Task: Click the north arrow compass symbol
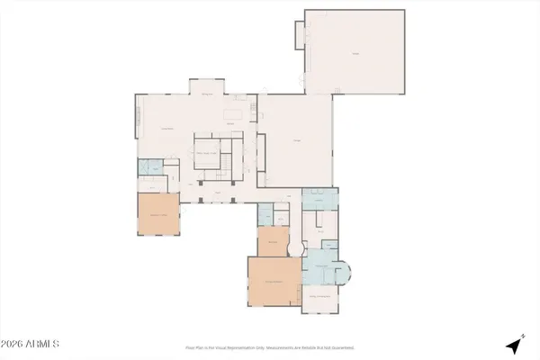point(515,344)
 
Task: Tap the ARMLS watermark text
point(31,344)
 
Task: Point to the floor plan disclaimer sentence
point(270,346)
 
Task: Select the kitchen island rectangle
point(235,114)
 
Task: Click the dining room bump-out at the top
point(206,87)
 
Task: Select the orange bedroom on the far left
point(159,214)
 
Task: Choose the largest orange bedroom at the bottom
point(274,282)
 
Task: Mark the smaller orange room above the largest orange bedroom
point(271,241)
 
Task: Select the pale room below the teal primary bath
point(322,297)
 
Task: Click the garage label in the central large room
point(296,139)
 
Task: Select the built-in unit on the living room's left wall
point(139,116)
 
